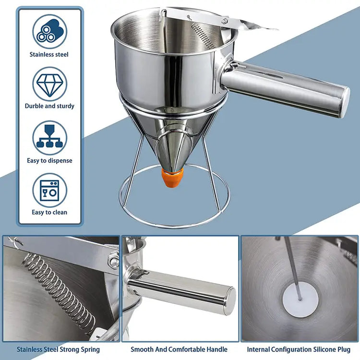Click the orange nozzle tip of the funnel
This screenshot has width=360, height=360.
click(172, 178)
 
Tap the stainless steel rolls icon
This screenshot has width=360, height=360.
click(50, 32)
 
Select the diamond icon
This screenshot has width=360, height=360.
click(50, 84)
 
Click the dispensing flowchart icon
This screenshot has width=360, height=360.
click(50, 138)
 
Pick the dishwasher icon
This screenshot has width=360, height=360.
click(50, 191)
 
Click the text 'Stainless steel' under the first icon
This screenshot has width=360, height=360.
click(49, 54)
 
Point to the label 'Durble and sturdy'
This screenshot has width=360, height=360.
click(49, 106)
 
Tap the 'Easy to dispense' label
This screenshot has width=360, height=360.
click(49, 160)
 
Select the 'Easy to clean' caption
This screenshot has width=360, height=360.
click(49, 212)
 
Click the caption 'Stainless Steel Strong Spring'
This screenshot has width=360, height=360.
click(58, 349)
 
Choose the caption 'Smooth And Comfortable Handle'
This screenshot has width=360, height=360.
click(179, 349)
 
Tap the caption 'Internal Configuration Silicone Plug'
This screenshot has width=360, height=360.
click(299, 349)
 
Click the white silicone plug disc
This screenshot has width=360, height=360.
click(300, 300)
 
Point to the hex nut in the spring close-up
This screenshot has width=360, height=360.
click(114, 261)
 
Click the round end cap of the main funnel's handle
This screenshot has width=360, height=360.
click(345, 102)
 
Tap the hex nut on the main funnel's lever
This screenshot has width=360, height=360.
click(224, 21)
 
